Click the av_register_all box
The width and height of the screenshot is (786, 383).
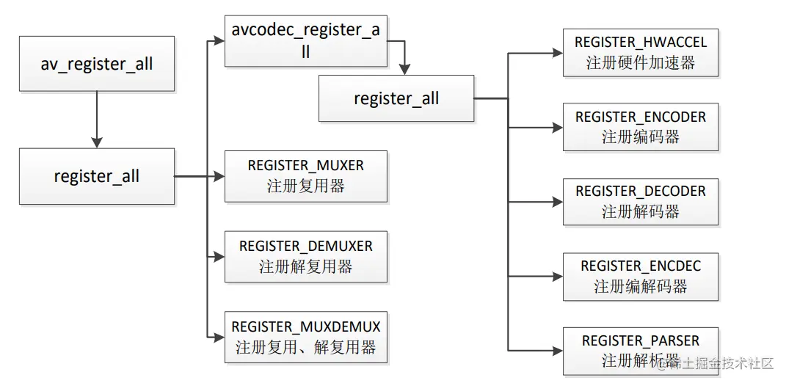(x=97, y=64)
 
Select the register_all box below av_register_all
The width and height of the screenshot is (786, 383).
(x=97, y=176)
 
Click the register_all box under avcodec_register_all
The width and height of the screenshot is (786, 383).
(x=396, y=98)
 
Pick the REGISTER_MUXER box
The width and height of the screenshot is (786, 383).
(x=305, y=176)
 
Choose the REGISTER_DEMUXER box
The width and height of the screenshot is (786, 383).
(x=305, y=256)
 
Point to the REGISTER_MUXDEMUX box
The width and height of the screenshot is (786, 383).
(x=305, y=337)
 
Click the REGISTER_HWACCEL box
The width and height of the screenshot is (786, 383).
(x=640, y=53)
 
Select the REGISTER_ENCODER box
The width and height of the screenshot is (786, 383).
(x=640, y=127)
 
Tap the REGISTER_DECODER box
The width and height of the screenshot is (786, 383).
(x=640, y=202)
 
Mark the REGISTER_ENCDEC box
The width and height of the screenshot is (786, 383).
(x=640, y=277)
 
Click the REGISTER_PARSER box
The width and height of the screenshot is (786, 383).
(x=640, y=351)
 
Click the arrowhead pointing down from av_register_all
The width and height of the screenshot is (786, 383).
(x=97, y=142)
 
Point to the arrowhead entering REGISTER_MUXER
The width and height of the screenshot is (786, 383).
(x=219, y=176)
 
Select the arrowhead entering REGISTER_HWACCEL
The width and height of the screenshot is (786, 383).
(x=557, y=53)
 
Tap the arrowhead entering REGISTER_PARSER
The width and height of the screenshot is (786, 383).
(x=557, y=351)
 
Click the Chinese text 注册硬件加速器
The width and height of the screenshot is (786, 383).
(x=640, y=63)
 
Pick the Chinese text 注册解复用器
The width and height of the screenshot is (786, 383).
(x=305, y=266)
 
